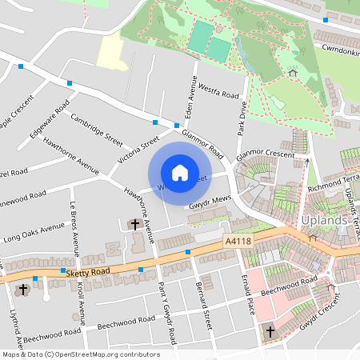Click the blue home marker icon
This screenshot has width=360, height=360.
tap(180, 172)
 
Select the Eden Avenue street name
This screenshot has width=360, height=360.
tap(192, 96)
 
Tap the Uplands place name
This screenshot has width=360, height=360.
tap(325, 221)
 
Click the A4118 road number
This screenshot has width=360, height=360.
tap(238, 239)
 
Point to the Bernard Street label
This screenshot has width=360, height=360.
tap(206, 305)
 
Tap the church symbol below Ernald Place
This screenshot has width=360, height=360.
tap(270, 330)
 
